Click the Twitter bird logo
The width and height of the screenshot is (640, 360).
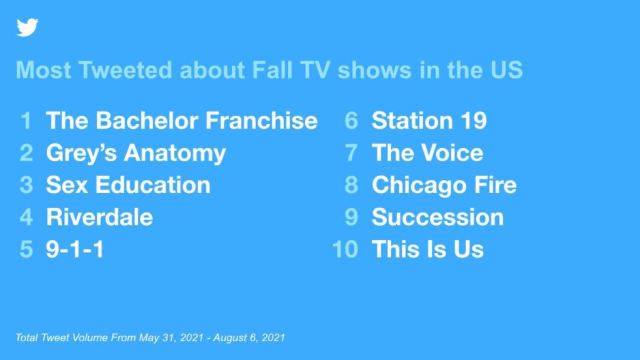tap(27, 27)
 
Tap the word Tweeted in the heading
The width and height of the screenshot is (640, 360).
tap(125, 70)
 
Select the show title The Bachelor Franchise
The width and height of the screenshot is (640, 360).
tap(182, 121)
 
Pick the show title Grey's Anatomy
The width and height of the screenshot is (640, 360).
tap(136, 154)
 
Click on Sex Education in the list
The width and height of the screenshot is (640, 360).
tap(128, 185)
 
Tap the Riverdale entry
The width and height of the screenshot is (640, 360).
tap(99, 217)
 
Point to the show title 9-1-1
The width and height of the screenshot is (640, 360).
tap(75, 249)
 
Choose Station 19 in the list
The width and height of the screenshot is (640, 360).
tap(429, 121)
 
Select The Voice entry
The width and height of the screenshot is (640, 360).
tap(427, 153)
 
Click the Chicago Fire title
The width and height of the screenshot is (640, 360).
tap(444, 186)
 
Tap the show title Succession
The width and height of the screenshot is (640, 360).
tap(437, 217)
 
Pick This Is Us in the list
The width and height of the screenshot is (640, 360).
tap(427, 249)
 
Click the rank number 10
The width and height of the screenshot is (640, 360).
tap(345, 249)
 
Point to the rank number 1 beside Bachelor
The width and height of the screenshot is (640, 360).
tap(26, 121)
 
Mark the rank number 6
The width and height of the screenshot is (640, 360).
tap(351, 121)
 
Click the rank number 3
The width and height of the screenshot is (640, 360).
tap(26, 185)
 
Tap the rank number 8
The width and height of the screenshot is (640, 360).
tap(351, 185)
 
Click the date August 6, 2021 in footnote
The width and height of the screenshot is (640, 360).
tap(249, 338)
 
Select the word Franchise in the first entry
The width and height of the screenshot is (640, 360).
tap(261, 121)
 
